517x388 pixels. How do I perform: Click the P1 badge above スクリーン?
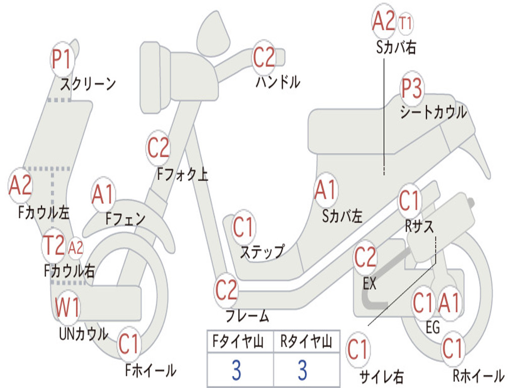click(x=63, y=60)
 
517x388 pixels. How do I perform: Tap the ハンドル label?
click(x=278, y=81)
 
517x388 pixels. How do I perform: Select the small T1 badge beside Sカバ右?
click(x=405, y=23)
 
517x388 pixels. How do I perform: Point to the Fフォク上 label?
click(x=182, y=175)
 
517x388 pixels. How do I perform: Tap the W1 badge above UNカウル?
click(x=67, y=308)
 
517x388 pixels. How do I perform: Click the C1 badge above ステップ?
click(x=243, y=228)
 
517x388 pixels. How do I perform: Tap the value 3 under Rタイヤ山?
click(x=302, y=370)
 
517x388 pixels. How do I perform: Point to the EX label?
click(x=370, y=283)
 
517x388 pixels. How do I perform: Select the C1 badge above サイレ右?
click(x=357, y=350)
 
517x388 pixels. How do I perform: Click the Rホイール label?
click(x=478, y=375)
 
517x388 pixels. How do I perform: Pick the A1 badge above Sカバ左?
click(x=325, y=190)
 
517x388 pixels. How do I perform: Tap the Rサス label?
click(x=419, y=227)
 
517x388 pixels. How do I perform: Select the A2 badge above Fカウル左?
click(x=21, y=186)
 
